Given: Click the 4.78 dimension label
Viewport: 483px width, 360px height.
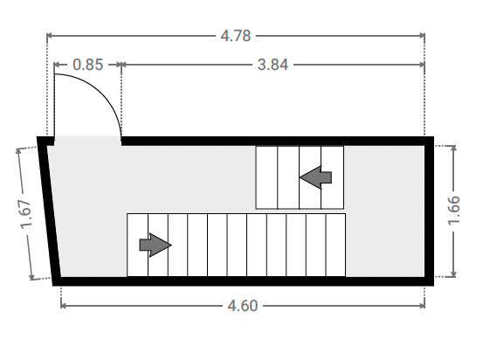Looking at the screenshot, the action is (x=236, y=36).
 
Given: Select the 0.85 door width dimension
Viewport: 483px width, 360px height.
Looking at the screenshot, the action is (x=88, y=65).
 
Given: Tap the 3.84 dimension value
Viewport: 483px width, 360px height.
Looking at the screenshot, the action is (x=273, y=65).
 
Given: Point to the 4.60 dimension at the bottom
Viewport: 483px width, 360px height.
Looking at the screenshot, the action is (x=243, y=306).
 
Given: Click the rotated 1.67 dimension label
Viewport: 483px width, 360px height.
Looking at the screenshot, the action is (x=25, y=214).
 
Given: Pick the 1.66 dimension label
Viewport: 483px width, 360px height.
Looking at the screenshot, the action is (x=453, y=211).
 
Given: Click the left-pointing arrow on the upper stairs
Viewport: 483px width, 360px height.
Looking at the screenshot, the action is (x=315, y=177).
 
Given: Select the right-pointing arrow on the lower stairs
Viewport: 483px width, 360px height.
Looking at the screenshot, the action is (x=155, y=245).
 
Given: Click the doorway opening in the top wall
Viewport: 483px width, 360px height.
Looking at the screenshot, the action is (x=88, y=141).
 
